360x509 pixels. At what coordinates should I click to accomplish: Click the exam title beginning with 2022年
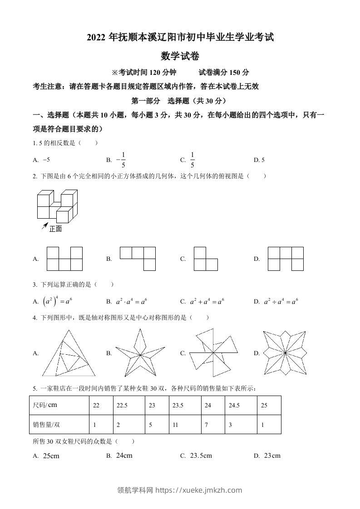[x=180, y=37]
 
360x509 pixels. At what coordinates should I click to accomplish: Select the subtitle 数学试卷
[x=180, y=56]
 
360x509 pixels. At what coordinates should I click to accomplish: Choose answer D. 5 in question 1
[x=259, y=160]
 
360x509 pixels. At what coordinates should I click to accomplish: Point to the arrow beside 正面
[x=45, y=225]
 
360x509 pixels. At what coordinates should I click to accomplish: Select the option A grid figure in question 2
[x=64, y=259]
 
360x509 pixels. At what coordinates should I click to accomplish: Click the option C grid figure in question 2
[x=205, y=259]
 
